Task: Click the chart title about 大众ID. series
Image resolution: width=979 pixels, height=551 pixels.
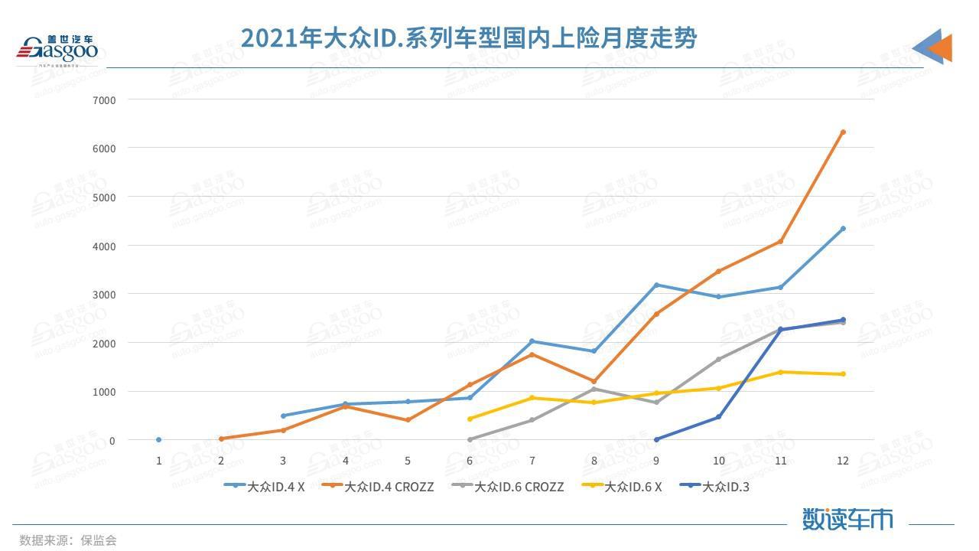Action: point(468,37)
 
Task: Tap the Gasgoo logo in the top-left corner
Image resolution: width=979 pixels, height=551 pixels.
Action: point(57,50)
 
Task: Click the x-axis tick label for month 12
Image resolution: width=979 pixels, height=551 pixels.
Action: point(842,461)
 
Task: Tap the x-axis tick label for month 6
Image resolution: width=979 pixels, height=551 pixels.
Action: point(469,461)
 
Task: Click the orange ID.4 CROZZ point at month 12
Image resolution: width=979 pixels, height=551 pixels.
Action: point(843,132)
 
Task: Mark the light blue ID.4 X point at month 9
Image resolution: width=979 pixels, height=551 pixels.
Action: point(656,285)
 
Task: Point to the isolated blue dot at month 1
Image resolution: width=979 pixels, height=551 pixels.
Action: point(159,440)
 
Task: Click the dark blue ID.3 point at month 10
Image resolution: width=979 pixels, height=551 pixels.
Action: point(719,417)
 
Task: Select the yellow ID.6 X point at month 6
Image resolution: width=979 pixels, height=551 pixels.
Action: point(470,419)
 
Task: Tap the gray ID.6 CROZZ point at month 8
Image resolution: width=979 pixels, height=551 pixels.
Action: point(594,389)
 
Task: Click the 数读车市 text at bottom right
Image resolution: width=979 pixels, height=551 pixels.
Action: point(847,519)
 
